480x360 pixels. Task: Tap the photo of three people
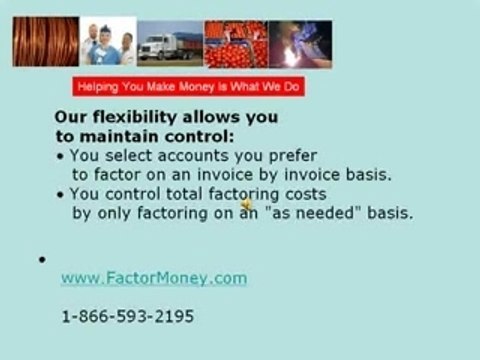pos(108,42)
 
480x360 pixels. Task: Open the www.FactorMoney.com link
pos(153,278)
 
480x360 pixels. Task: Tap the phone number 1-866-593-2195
pos(128,316)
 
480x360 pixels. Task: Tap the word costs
pos(304,193)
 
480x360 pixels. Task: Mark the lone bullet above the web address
pos(42,260)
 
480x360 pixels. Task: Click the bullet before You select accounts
pos(60,156)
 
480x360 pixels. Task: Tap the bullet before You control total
pos(60,194)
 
